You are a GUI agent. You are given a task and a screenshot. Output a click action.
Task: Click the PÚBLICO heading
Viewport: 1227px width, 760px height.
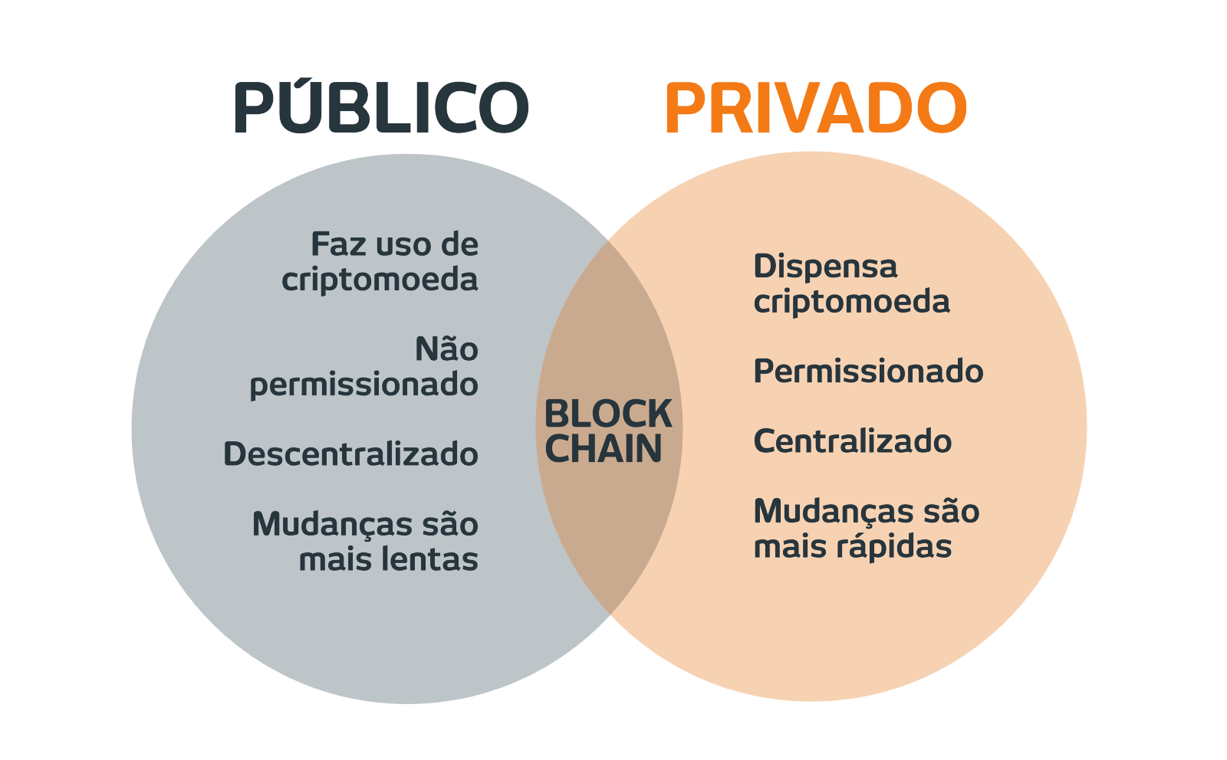click(x=381, y=108)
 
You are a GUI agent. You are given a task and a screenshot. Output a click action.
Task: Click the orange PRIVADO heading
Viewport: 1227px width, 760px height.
click(x=815, y=108)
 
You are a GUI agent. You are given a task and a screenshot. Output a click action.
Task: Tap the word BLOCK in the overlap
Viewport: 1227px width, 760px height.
click(x=607, y=414)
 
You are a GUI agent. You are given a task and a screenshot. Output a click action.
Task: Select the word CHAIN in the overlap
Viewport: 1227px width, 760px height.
click(x=604, y=449)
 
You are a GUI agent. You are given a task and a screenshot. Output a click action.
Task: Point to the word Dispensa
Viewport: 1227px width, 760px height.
click(x=825, y=267)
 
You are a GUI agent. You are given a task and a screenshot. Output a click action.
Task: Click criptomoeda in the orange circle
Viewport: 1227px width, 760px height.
click(x=851, y=302)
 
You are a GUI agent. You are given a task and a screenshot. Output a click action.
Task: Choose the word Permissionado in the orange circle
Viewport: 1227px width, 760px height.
click(x=868, y=372)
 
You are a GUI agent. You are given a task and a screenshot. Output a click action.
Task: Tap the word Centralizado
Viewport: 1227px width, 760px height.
click(x=852, y=442)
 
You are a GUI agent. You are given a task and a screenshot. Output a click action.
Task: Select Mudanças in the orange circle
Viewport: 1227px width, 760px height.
click(x=830, y=512)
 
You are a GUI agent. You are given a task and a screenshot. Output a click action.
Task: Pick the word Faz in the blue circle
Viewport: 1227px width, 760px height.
click(x=335, y=245)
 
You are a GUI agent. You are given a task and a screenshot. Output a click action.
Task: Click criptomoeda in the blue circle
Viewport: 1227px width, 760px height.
click(x=380, y=280)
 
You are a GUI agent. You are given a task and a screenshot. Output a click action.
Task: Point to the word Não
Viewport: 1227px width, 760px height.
click(x=446, y=350)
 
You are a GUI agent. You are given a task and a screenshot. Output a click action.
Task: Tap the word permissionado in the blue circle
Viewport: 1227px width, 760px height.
click(x=363, y=385)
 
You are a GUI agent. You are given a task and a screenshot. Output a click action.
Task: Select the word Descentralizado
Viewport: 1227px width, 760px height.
click(x=350, y=454)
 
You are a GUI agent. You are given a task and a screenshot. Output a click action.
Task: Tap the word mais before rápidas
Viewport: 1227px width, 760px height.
click(x=788, y=547)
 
